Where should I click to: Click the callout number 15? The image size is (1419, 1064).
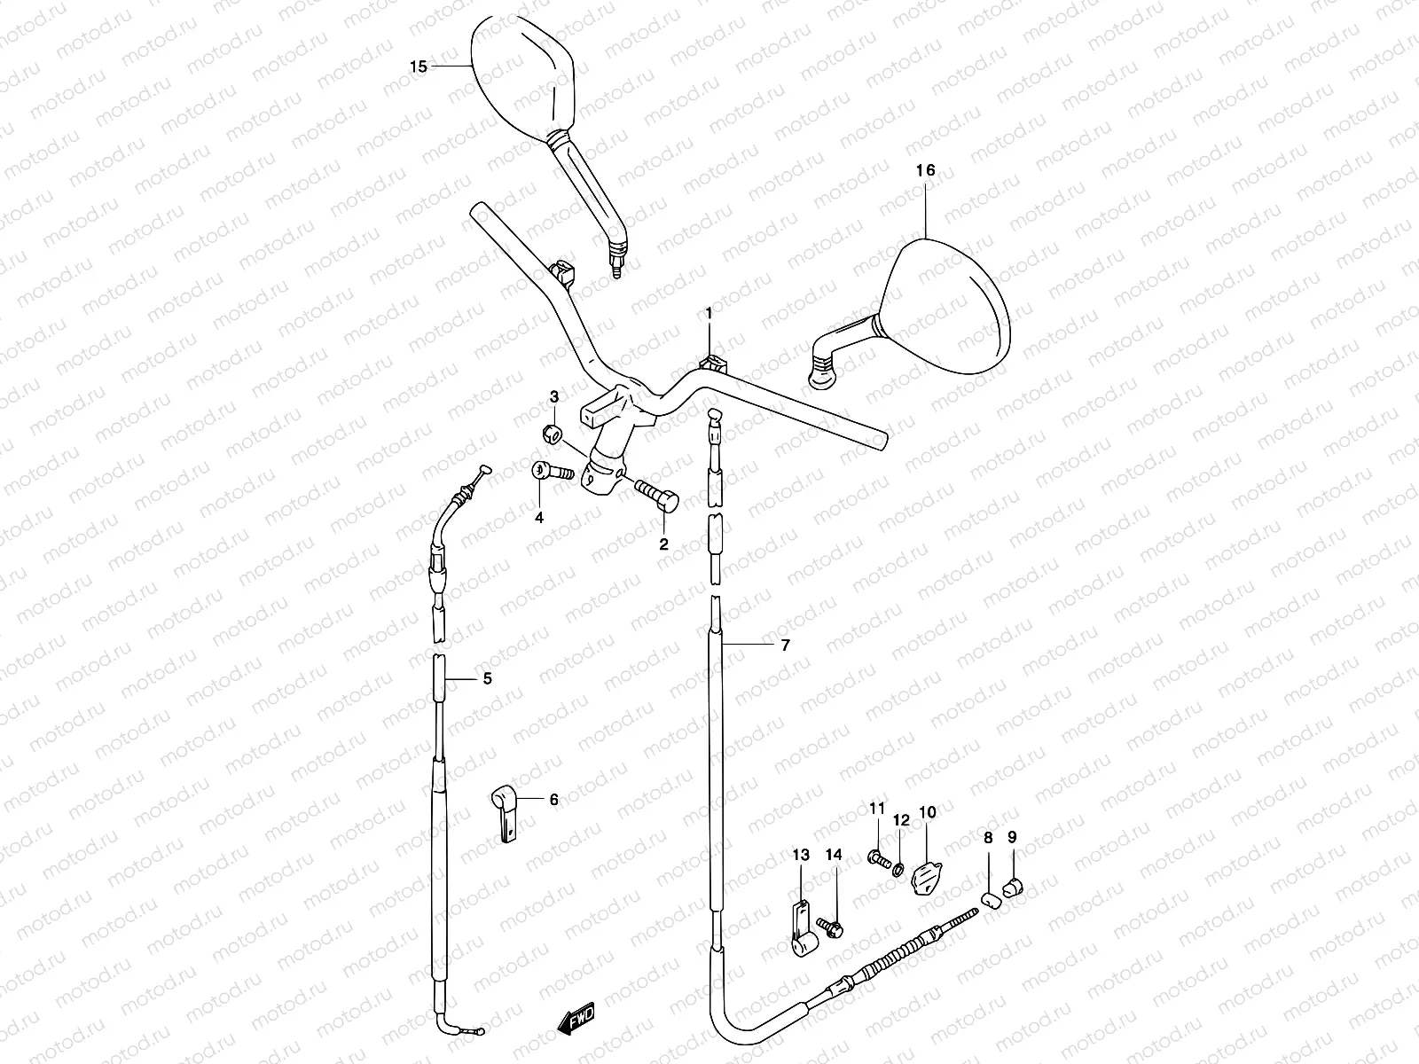tap(419, 66)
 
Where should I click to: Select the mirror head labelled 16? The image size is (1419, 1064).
tap(949, 301)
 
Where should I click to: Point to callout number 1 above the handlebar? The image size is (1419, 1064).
tap(709, 313)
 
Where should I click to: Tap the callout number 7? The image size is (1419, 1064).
tap(784, 646)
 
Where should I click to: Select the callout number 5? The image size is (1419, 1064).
tap(486, 680)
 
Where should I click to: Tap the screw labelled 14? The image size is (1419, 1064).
tap(833, 927)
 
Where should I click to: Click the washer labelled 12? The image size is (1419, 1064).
tap(898, 865)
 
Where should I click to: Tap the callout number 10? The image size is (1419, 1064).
tap(927, 811)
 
